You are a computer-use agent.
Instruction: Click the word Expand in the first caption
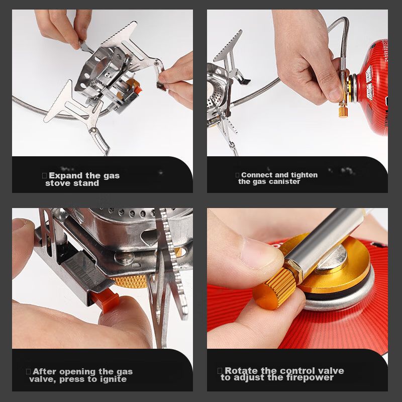(x=66, y=176)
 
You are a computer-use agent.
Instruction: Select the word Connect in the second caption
(x=257, y=175)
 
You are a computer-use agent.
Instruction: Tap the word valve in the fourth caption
(x=331, y=371)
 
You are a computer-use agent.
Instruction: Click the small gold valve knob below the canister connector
(x=343, y=112)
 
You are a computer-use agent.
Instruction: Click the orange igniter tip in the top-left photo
(x=138, y=88)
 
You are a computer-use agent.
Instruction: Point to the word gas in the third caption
(x=125, y=372)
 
